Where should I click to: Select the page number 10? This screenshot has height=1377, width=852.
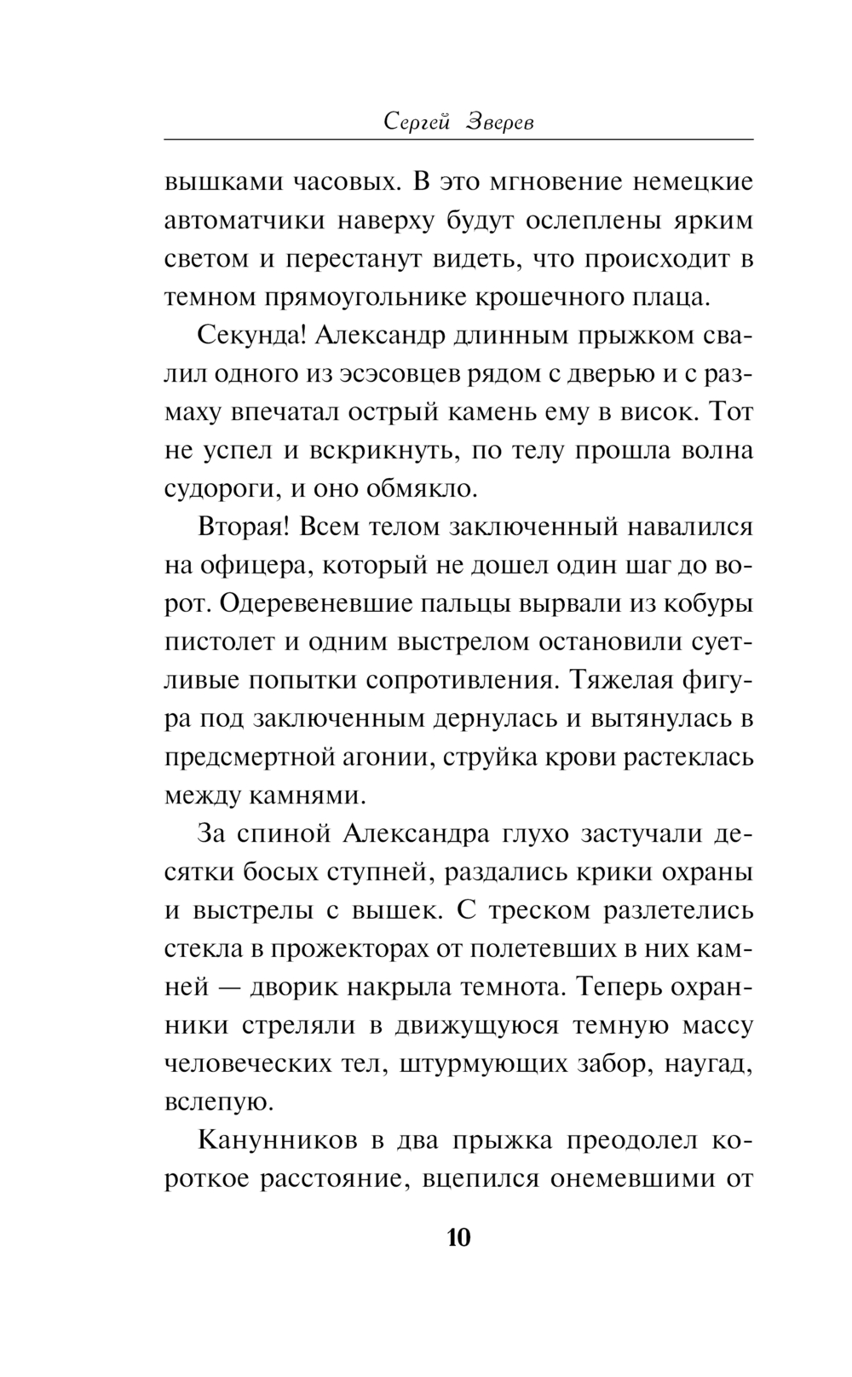(458, 1237)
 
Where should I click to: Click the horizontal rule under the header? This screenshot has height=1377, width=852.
(458, 139)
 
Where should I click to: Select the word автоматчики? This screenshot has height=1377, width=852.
(244, 221)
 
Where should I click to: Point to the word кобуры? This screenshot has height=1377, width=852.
(711, 603)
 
